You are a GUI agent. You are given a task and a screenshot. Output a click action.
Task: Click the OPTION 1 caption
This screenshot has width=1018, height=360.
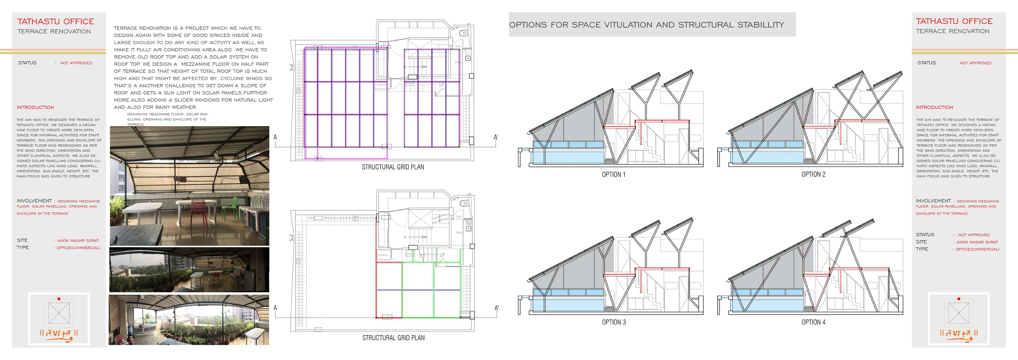pos(613,175)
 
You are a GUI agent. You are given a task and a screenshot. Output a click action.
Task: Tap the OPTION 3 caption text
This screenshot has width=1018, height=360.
pos(614,322)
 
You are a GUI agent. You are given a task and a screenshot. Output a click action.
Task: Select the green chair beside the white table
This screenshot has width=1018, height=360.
pos(229,207)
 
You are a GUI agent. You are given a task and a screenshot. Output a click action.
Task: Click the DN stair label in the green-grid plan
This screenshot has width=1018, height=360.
pos(405,237)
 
